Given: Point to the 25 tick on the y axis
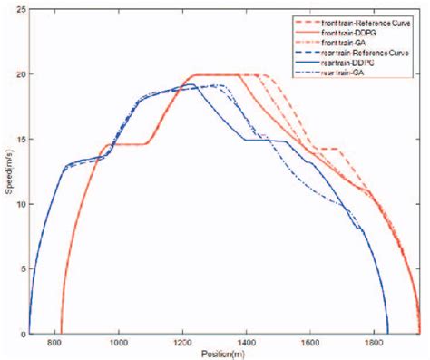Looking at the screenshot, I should (x=19, y=9).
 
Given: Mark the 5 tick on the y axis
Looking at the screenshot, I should (x=22, y=269).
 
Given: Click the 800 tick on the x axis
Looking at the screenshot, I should (x=55, y=344).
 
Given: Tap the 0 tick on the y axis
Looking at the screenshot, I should (x=22, y=335).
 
